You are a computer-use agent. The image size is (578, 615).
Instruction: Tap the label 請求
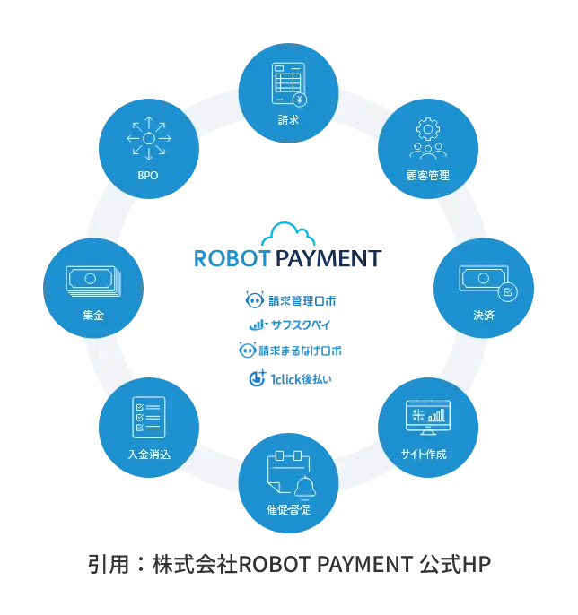click(289, 119)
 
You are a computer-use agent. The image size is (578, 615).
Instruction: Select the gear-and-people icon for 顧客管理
click(426, 140)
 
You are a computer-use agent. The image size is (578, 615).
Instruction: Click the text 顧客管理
click(427, 176)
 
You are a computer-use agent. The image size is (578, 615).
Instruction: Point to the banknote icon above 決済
click(483, 280)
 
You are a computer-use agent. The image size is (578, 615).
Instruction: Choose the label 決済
click(483, 316)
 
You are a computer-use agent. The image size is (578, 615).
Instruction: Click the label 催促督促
click(289, 509)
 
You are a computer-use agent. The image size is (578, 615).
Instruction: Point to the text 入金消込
click(149, 454)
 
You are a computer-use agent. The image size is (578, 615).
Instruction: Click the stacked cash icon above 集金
click(92, 279)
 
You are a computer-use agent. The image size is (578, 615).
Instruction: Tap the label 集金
click(93, 316)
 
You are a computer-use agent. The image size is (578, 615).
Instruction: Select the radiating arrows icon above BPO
click(149, 139)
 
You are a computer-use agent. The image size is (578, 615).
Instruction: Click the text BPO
click(149, 176)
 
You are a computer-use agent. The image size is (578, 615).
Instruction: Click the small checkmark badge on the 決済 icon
click(506, 291)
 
